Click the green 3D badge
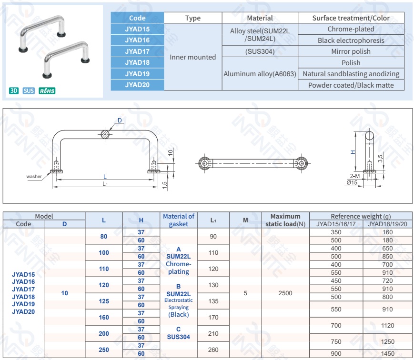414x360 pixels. pyautogui.click(x=14, y=90)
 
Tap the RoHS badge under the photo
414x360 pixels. pyautogui.click(x=47, y=90)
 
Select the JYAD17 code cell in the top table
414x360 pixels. pyautogui.click(x=137, y=51)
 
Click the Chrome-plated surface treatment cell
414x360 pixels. pyautogui.click(x=351, y=29)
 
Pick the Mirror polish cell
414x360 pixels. pyautogui.click(x=351, y=51)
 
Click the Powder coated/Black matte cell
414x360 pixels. pyautogui.click(x=351, y=85)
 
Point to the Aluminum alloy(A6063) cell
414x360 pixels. pyautogui.click(x=260, y=74)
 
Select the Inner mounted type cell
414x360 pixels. pyautogui.click(x=192, y=57)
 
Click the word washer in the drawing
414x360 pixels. pyautogui.click(x=34, y=177)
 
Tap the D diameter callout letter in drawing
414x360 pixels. pyautogui.click(x=120, y=120)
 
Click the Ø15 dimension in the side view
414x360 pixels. pyautogui.click(x=352, y=183)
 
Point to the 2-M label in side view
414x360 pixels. pyautogui.click(x=354, y=176)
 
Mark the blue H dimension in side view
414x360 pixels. pyautogui.click(x=353, y=152)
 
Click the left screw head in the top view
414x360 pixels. pyautogui.click(x=205, y=163)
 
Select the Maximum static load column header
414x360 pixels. pyautogui.click(x=285, y=220)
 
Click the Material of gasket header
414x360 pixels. pyautogui.click(x=179, y=220)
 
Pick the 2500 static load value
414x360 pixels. pyautogui.click(x=285, y=293)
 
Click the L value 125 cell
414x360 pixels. pyautogui.click(x=104, y=301)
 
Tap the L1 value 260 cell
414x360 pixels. pyautogui.click(x=213, y=350)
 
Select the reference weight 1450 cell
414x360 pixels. pyautogui.click(x=387, y=354)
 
